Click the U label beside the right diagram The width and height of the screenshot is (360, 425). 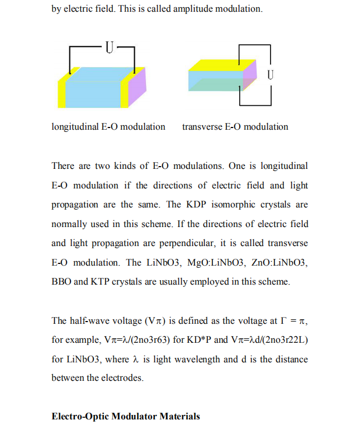coord(271,74)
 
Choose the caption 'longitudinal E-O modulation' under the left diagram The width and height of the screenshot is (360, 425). coord(108,127)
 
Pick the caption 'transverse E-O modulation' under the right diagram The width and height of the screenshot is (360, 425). coord(235,127)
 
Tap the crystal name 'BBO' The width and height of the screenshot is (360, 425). coord(61,282)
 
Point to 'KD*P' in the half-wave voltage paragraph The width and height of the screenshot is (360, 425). coord(201,339)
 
